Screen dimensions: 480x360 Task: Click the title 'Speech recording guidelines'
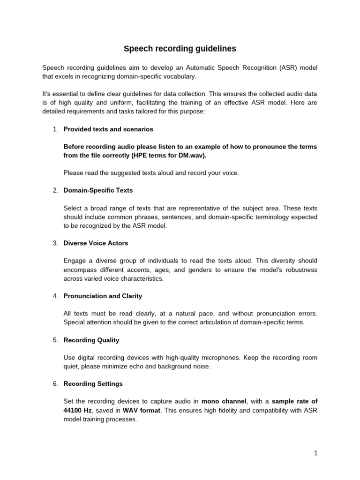coord(180,49)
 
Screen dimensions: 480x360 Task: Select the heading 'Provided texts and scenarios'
coord(108,129)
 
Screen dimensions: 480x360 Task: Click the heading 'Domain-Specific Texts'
coord(98,190)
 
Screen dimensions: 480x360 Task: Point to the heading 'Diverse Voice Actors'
coord(96,243)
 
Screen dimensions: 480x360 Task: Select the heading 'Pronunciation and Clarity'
coord(103,296)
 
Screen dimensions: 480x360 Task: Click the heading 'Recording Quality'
coord(91,340)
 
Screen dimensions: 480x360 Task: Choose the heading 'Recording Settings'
coord(93,383)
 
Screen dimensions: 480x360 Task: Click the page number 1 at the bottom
coord(316,453)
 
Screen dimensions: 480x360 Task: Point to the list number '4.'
coord(55,296)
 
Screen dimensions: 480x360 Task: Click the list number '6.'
coord(55,383)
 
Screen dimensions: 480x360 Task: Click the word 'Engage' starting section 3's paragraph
coord(74,261)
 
